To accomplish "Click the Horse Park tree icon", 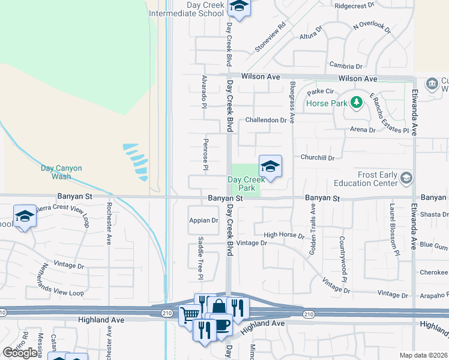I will coord(357,103).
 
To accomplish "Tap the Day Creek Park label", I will coord(246,184).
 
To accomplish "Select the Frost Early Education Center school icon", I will coord(406,178).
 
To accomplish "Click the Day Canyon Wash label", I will coord(61,172).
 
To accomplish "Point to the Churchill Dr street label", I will coord(318,158).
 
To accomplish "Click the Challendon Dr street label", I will coord(267,120).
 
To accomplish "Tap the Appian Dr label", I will coord(203,220).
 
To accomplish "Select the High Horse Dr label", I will coord(283,235).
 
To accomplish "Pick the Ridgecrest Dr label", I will coord(354,5).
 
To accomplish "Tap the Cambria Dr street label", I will coord(346,66).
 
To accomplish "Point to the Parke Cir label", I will coord(320,92).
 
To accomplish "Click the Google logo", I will coord(20,353).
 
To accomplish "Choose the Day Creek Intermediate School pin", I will coord(240,8).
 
